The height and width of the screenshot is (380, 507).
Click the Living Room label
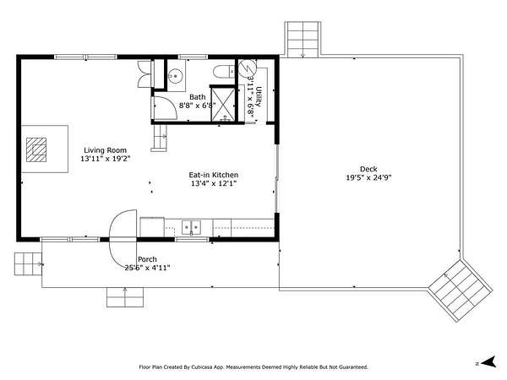tap(105, 150)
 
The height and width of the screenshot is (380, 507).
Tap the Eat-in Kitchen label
tap(214, 175)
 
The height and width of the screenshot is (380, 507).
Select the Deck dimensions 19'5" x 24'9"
tap(368, 177)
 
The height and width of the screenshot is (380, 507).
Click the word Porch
tap(147, 259)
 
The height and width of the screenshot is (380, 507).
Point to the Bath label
tap(197, 97)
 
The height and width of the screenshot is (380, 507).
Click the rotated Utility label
tap(259, 96)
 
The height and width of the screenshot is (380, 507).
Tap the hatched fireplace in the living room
tap(36, 149)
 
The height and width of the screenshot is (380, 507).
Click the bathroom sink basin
tap(175, 76)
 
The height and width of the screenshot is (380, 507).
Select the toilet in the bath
tap(224, 72)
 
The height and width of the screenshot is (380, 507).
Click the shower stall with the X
tap(223, 104)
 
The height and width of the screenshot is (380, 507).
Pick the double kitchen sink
tap(191, 227)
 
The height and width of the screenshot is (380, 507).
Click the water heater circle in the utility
tap(248, 68)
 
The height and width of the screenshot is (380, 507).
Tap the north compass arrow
tap(488, 362)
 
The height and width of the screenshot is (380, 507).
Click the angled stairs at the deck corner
tap(461, 290)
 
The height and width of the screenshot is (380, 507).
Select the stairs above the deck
tap(303, 39)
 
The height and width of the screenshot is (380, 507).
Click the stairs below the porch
tap(125, 297)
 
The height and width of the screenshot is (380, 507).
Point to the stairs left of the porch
tap(28, 264)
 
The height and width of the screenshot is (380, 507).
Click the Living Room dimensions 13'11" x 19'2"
tap(105, 159)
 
